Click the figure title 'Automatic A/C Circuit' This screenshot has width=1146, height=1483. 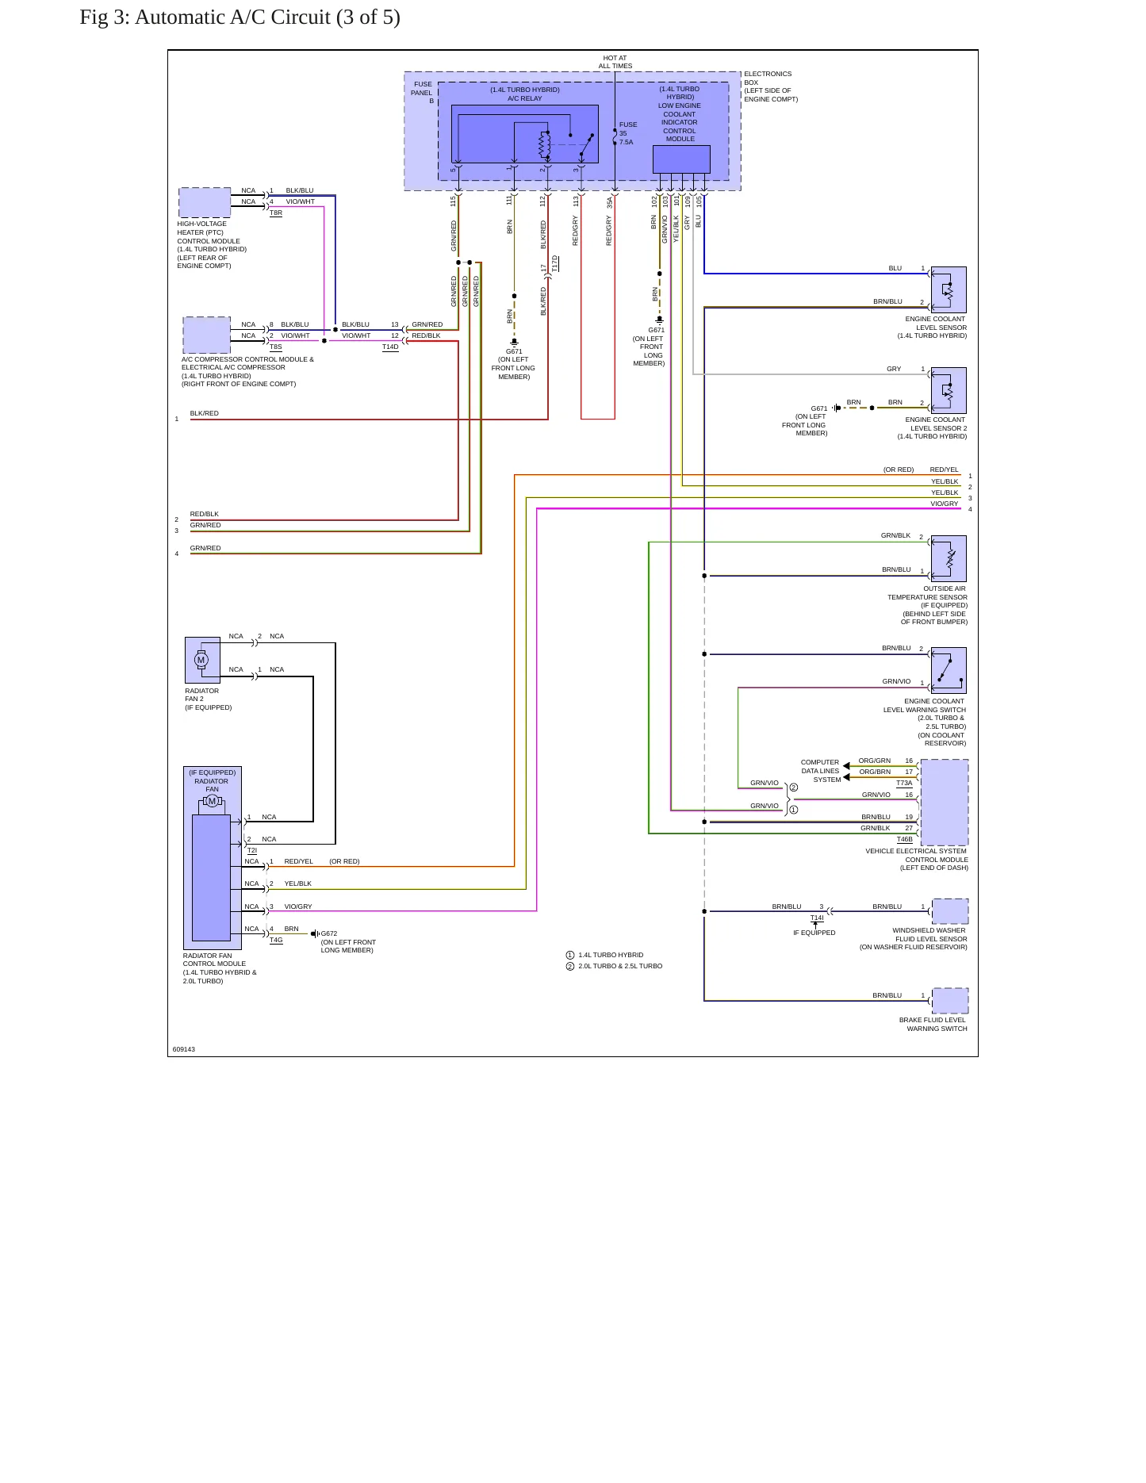pos(232,17)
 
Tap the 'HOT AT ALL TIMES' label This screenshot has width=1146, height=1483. pos(615,62)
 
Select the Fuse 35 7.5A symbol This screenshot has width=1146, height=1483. pos(615,136)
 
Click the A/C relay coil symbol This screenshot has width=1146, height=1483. pos(545,144)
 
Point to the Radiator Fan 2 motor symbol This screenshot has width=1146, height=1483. pos(201,660)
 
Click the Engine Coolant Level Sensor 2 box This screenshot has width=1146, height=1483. pos(949,391)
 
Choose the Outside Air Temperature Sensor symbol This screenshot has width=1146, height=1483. pos(949,558)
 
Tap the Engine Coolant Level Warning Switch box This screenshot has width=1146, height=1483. pos(949,671)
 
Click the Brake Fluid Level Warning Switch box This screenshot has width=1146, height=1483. pos(950,1001)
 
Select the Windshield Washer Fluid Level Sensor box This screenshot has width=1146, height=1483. pos(950,911)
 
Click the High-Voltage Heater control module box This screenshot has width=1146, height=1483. pos(205,202)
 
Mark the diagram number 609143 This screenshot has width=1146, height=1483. pos(184,1049)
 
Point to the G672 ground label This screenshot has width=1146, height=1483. pos(329,933)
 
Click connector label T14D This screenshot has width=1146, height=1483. pos(390,347)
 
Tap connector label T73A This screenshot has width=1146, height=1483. pos(904,783)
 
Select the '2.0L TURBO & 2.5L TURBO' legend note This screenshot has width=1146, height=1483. pos(620,966)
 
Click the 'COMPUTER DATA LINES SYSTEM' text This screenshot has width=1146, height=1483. pos(820,771)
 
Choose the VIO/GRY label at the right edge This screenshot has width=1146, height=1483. pos(945,504)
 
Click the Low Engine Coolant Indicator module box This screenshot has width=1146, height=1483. pos(681,159)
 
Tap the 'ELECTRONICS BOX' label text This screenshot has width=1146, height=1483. pos(768,78)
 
